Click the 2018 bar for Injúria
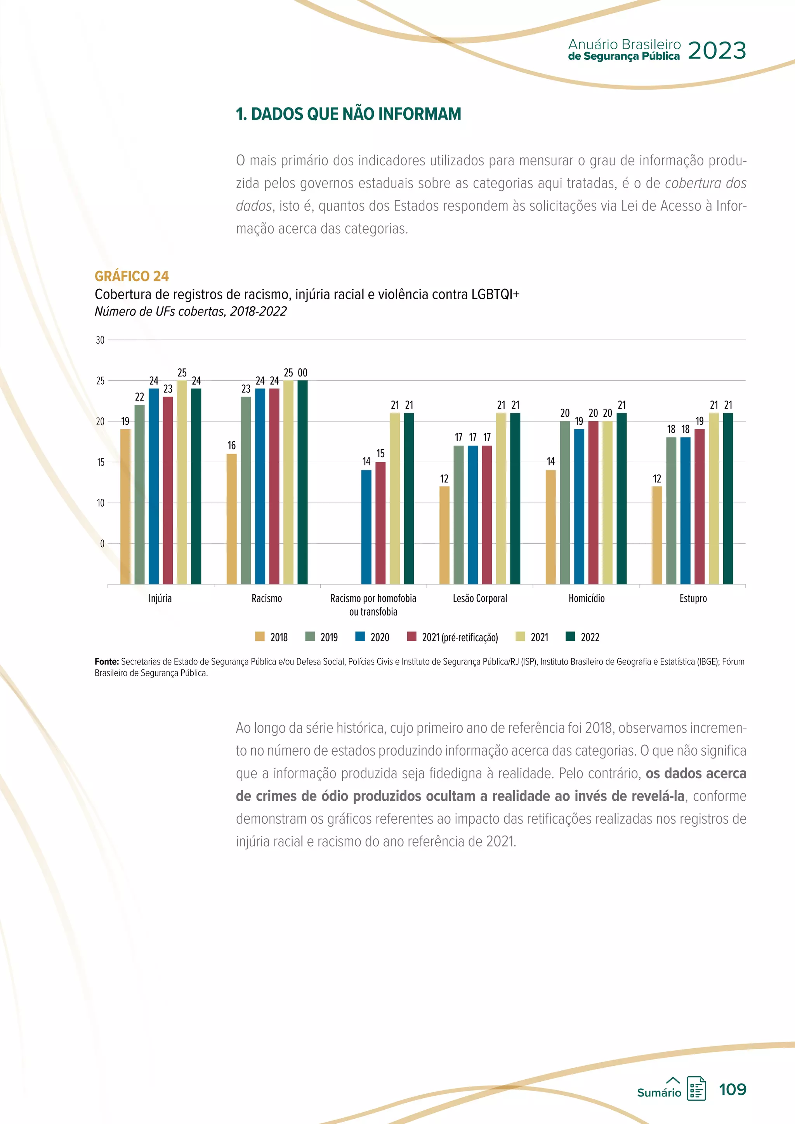point(125,506)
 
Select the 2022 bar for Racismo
point(302,482)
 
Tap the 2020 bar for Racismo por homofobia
point(366,527)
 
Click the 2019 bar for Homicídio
point(565,502)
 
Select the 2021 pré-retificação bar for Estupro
point(700,506)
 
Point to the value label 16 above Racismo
point(231,446)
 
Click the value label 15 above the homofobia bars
point(380,454)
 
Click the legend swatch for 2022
point(570,637)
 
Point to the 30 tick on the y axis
point(101,340)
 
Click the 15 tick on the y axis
point(101,462)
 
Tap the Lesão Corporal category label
point(480,598)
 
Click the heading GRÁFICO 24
point(132,276)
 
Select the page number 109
point(733,1089)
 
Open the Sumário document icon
point(696,1088)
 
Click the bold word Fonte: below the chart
point(107,661)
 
